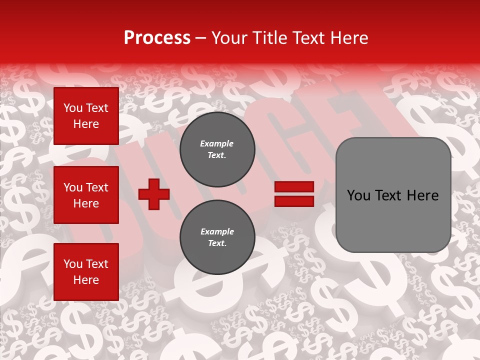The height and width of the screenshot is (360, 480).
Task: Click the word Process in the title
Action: [x=157, y=38]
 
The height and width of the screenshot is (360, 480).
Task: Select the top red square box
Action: [x=86, y=116]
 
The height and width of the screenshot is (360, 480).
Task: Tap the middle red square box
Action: [x=86, y=195]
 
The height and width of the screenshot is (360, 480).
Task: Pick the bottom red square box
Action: [x=86, y=272]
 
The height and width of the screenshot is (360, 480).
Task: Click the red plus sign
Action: [x=154, y=194]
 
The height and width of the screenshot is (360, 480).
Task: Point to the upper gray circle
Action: [x=217, y=149]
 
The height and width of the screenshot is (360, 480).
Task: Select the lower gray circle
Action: [x=217, y=237]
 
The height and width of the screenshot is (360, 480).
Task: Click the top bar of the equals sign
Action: [x=294, y=187]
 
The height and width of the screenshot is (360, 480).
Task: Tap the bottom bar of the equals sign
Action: [x=294, y=201]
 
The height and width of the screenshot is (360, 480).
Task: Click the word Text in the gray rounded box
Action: [x=391, y=195]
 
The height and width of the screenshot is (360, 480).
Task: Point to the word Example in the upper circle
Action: [x=217, y=143]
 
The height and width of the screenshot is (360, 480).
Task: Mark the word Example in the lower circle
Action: [x=217, y=231]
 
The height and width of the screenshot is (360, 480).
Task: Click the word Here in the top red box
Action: [x=86, y=124]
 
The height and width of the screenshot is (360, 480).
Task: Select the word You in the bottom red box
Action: [x=72, y=264]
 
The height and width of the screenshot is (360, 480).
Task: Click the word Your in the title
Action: [x=231, y=38]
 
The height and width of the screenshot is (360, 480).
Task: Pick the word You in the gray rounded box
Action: [x=358, y=195]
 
